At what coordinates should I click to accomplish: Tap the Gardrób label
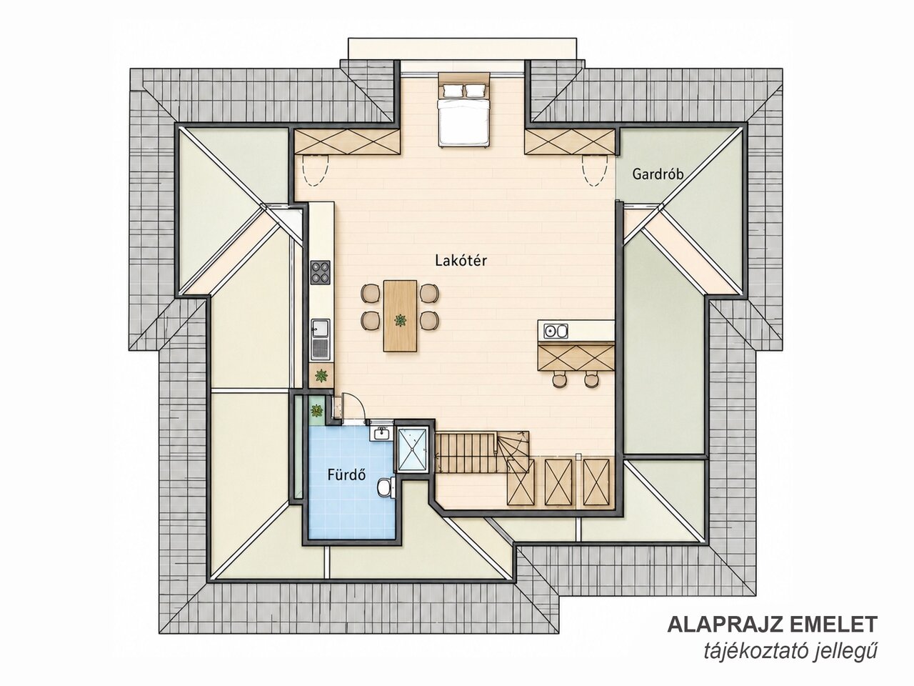pyautogui.click(x=658, y=174)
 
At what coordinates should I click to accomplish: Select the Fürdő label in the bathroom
pyautogui.click(x=346, y=474)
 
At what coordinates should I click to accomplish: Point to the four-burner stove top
pyautogui.click(x=320, y=273)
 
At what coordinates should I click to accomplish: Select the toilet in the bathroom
pyautogui.click(x=385, y=487)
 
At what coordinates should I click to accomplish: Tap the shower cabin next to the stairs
pyautogui.click(x=413, y=449)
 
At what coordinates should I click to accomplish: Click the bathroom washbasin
pyautogui.click(x=381, y=434)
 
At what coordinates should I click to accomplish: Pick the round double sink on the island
pyautogui.click(x=556, y=332)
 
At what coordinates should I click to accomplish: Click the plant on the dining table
pyautogui.click(x=400, y=320)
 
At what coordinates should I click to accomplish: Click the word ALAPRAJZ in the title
pyautogui.click(x=738, y=636)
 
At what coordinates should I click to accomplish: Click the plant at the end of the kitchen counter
pyautogui.click(x=321, y=376)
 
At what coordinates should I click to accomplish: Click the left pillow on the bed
pyautogui.click(x=452, y=89)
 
